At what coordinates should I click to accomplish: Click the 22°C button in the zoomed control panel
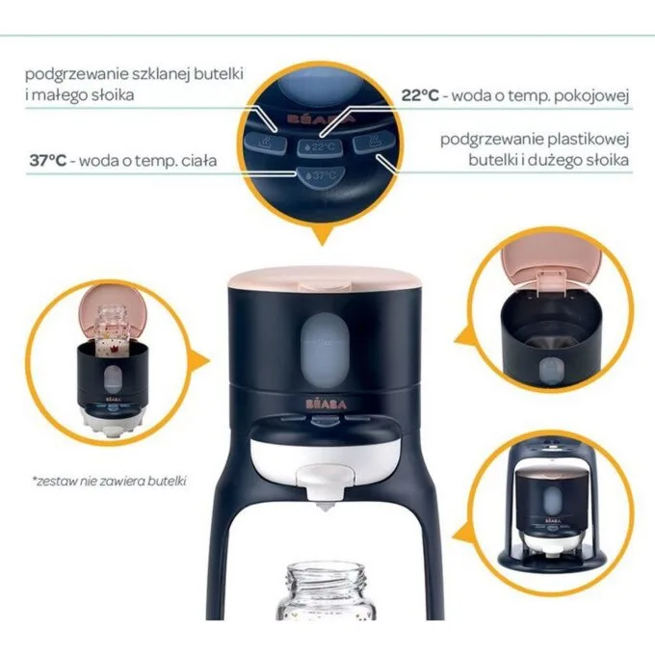(x=320, y=147)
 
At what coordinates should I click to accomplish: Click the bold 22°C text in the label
(x=420, y=95)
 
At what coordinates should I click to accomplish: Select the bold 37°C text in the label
(x=48, y=161)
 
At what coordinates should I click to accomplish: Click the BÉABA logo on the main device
(x=326, y=404)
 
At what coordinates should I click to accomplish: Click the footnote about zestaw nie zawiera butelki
(x=110, y=481)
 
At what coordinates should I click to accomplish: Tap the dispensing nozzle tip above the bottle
(x=325, y=508)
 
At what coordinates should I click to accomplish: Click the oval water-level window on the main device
(x=325, y=350)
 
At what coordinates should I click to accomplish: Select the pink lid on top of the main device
(x=325, y=278)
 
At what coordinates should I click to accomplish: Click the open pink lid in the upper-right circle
(x=551, y=261)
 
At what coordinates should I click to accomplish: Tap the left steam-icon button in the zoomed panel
(x=266, y=142)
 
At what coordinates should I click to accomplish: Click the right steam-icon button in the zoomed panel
(x=373, y=142)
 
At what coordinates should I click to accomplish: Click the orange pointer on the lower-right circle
(x=463, y=536)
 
